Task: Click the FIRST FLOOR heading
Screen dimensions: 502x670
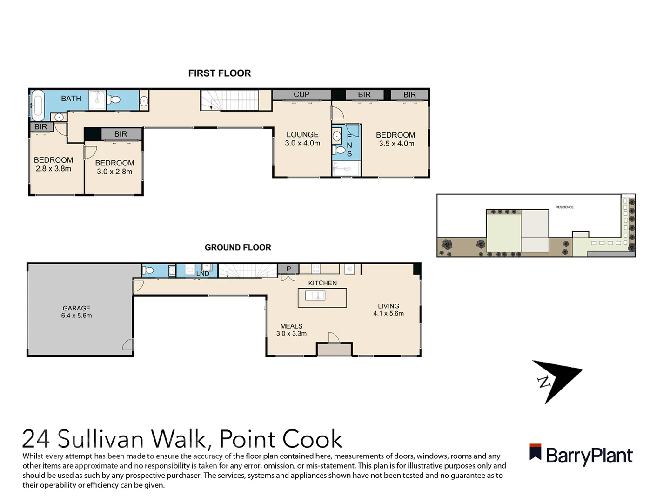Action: coord(219,73)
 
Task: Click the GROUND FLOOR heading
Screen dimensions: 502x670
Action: coord(238,247)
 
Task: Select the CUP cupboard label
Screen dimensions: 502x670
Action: coord(301,94)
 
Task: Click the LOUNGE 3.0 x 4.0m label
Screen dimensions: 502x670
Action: coord(302,139)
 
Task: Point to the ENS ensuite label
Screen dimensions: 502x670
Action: coord(349,145)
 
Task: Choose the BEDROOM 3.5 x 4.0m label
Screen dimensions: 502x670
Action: coord(395,139)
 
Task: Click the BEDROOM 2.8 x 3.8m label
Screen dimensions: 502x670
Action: coord(54,164)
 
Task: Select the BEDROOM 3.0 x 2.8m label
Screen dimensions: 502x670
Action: coord(114,167)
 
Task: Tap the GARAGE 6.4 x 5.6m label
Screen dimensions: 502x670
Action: coord(76,311)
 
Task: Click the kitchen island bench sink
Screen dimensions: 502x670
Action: coord(315,295)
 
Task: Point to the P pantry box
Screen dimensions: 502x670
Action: coord(288,269)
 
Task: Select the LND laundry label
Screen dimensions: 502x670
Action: coord(202,273)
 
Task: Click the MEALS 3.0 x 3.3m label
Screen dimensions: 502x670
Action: coord(291,330)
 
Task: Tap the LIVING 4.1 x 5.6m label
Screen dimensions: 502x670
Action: coord(389,310)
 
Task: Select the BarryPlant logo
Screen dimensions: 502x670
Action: coord(581,455)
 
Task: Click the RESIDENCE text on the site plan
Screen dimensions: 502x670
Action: coord(564,207)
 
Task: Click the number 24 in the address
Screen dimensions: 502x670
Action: coord(36,439)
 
